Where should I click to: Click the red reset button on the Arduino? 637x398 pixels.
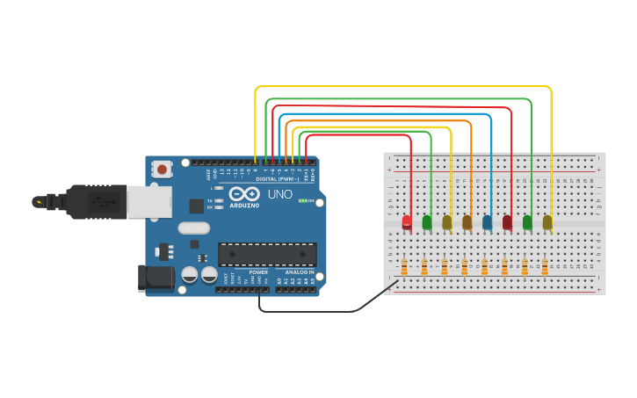tap(162, 168)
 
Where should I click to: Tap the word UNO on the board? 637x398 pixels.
tap(279, 194)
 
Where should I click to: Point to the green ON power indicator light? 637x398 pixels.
tap(303, 200)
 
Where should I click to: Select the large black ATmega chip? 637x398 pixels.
tap(267, 253)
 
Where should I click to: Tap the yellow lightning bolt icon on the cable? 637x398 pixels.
tap(39, 202)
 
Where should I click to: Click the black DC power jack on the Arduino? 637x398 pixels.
tap(155, 279)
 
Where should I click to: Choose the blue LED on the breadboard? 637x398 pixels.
tap(488, 222)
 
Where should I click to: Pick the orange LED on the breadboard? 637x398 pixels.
tap(467, 222)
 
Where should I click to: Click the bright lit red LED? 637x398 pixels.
tap(407, 221)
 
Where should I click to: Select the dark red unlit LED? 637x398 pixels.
tap(507, 222)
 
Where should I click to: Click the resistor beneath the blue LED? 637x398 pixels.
tap(484, 266)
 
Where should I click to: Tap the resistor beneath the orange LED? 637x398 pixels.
tap(464, 266)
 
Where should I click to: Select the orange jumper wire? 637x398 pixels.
tap(378, 121)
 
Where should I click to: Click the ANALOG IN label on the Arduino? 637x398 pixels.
tap(297, 272)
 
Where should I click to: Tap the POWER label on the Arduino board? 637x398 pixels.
tap(258, 272)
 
